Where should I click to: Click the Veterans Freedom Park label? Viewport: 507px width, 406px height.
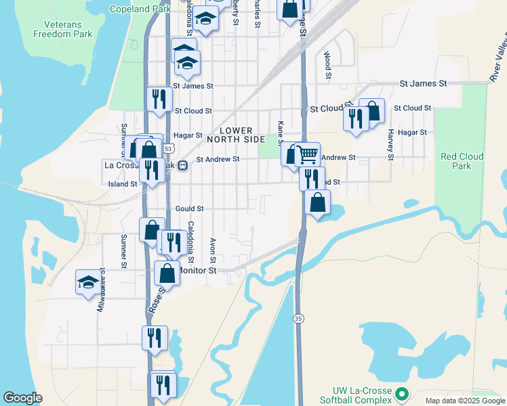click(62, 29)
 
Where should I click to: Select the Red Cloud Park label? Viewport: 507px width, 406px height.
click(462, 161)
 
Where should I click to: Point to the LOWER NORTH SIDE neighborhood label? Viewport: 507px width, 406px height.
click(235, 135)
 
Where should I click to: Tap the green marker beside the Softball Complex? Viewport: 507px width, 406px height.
click(402, 392)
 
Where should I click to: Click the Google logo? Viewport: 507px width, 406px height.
click(22, 398)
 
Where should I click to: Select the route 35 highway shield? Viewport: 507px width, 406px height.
click(298, 318)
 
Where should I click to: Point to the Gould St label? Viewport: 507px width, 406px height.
click(189, 209)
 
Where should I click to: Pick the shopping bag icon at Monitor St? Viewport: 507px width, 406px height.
click(167, 273)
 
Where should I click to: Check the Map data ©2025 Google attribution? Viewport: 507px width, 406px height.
click(465, 401)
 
